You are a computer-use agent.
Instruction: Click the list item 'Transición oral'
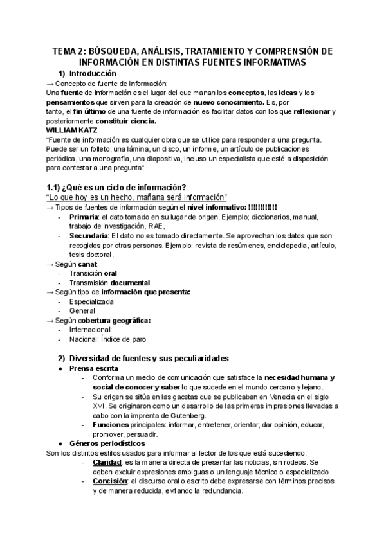[x=93, y=273]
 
